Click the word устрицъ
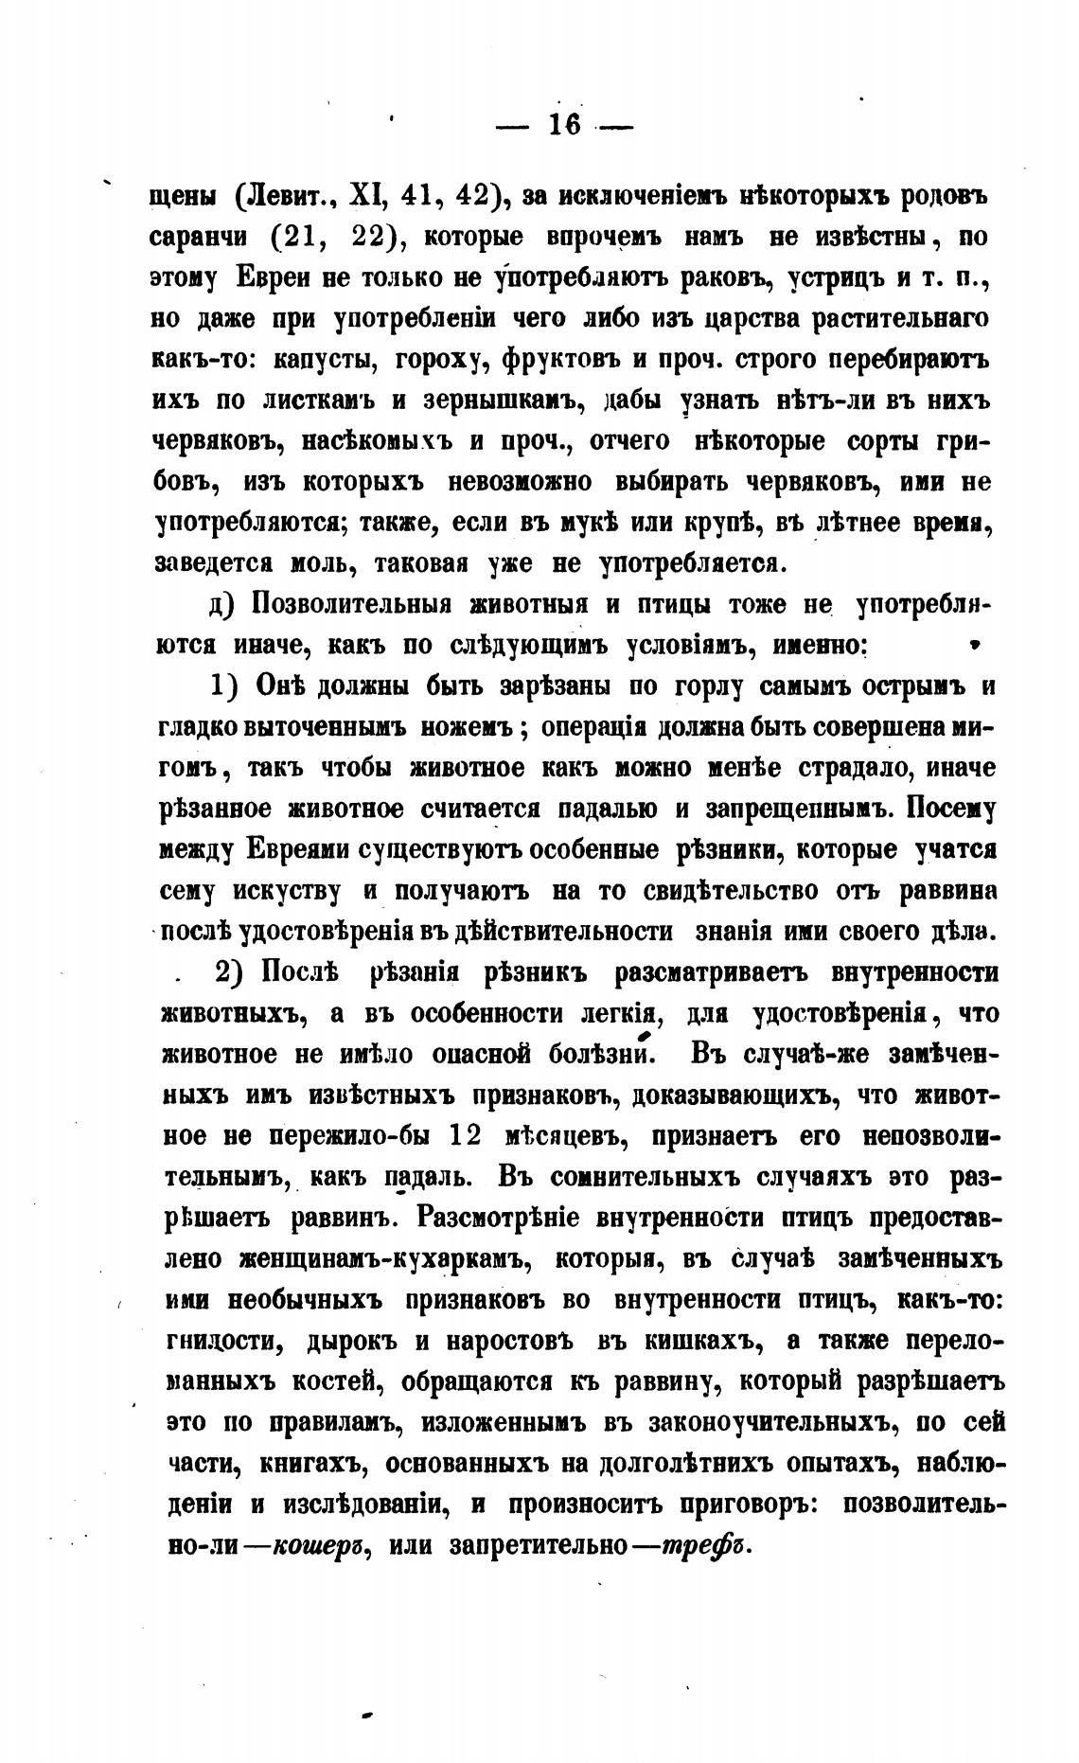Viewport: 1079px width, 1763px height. [832, 278]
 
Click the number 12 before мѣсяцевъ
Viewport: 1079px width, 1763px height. [468, 1134]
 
